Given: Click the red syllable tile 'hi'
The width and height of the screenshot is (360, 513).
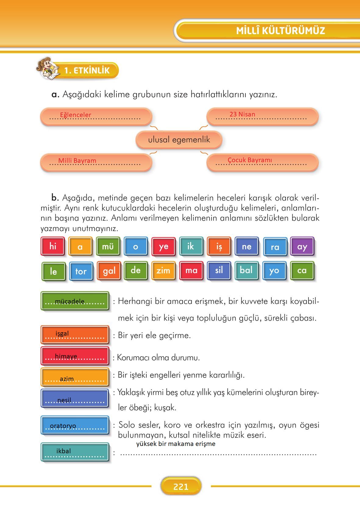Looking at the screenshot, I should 53,246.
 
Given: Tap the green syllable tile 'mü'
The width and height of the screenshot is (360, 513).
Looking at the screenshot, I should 108,246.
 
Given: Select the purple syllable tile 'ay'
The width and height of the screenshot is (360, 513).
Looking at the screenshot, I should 302,246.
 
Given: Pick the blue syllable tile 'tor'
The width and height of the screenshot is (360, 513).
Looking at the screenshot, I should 81,271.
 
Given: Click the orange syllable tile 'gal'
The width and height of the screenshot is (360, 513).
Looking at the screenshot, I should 109,271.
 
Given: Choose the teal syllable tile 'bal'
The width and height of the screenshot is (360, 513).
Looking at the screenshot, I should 246,270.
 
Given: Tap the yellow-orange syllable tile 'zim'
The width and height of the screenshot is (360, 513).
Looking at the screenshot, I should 163,270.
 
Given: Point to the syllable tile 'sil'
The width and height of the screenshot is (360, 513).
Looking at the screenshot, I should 219,270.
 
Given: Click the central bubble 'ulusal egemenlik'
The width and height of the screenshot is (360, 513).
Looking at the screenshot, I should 179,140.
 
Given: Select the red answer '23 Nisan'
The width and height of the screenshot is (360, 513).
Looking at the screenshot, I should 242,114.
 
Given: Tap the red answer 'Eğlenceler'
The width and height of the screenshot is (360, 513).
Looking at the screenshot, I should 76,115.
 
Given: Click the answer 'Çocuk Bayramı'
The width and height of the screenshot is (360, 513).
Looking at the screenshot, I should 250,160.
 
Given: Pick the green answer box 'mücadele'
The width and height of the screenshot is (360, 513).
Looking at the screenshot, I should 75,301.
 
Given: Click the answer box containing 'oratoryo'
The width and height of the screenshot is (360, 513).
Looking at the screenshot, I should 75,426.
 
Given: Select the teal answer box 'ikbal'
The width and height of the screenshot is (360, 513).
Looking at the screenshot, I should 75,451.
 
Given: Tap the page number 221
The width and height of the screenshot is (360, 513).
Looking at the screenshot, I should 181,486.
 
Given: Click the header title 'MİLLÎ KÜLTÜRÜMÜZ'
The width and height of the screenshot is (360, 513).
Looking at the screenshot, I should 280,30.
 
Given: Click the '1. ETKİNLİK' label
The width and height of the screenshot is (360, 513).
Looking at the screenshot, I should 87,70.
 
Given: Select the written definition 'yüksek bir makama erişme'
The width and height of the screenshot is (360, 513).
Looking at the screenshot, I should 176,444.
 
